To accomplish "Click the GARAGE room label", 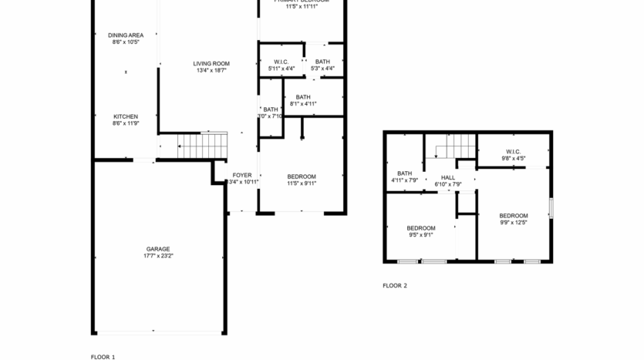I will click(158, 249).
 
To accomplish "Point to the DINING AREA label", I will click(125, 35).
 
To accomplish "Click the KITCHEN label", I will click(126, 116).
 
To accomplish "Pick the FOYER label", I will click(242, 176).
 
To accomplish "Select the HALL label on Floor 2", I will click(447, 177).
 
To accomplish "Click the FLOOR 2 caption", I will click(394, 285).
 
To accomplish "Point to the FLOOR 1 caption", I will click(103, 357).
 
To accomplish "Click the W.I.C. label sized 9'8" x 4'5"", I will click(513, 152).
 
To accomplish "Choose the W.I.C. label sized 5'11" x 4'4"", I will click(281, 62).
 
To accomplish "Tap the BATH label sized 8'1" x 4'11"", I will click(303, 97).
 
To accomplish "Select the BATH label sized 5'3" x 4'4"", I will click(322, 62).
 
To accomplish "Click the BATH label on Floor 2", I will click(404, 173).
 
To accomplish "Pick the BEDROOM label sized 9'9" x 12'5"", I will click(513, 216).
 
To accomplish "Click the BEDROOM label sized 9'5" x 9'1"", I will click(421, 228).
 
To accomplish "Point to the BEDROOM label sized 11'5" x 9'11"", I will click(302, 177).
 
